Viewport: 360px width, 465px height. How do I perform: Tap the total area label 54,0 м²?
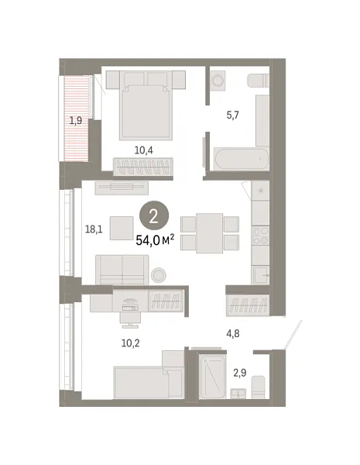pyautogui.click(x=155, y=240)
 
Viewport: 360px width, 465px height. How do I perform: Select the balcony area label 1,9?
pyautogui.click(x=76, y=121)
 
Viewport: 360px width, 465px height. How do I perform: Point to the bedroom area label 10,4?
pyautogui.click(x=144, y=150)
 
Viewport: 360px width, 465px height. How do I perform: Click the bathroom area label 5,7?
pyautogui.click(x=232, y=115)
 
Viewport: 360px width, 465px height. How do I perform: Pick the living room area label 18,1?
pyautogui.click(x=94, y=229)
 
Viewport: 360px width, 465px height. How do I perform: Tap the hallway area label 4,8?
pyautogui.click(x=233, y=333)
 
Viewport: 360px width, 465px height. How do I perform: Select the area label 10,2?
pyautogui.click(x=130, y=343)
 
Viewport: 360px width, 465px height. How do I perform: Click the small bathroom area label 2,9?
pyautogui.click(x=240, y=373)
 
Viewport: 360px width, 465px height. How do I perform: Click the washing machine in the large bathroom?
pyautogui.click(x=218, y=81)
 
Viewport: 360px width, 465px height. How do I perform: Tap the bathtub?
pyautogui.click(x=242, y=159)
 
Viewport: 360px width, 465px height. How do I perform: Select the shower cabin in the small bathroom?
pyautogui.click(x=213, y=376)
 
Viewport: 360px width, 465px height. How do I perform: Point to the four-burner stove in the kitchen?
pyautogui.click(x=260, y=236)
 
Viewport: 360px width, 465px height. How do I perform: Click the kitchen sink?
pyautogui.click(x=261, y=275)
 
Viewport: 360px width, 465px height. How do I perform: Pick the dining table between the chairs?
pyautogui.click(x=210, y=233)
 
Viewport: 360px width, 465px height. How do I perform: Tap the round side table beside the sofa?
pyautogui.click(x=159, y=275)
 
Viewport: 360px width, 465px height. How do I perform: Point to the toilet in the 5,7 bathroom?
pyautogui.click(x=258, y=81)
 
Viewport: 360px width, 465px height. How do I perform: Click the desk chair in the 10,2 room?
pyautogui.click(x=130, y=319)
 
